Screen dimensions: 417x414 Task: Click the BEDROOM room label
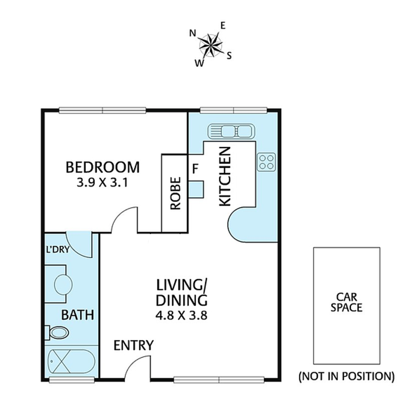click(x=102, y=167)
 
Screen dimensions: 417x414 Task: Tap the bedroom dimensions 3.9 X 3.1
click(x=102, y=182)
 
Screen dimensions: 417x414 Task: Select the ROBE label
click(x=175, y=193)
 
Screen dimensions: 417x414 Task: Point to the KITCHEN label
click(x=224, y=176)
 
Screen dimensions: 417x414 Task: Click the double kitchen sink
click(x=231, y=131)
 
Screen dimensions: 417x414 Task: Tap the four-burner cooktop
click(x=267, y=162)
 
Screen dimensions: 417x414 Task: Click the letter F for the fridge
click(x=195, y=169)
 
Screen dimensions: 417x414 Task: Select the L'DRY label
click(x=58, y=250)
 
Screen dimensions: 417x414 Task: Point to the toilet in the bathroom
click(x=57, y=333)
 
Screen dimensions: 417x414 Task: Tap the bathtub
click(x=71, y=361)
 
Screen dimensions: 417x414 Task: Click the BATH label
click(x=78, y=315)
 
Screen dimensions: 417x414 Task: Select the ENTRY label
click(x=134, y=345)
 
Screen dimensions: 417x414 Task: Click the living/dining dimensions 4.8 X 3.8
click(x=181, y=316)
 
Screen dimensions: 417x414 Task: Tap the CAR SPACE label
click(x=346, y=302)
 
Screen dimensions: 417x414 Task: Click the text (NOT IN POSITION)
click(x=346, y=376)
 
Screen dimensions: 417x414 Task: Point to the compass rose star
click(x=211, y=45)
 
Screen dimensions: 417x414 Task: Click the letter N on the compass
click(x=193, y=33)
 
